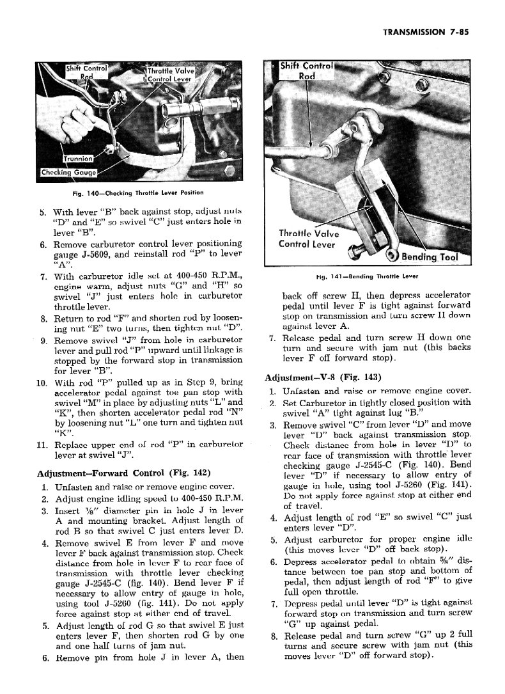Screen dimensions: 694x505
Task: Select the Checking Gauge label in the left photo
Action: pos(68,172)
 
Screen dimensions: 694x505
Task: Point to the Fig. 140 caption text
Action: pos(130,193)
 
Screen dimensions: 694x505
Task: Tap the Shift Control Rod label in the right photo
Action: pos(309,70)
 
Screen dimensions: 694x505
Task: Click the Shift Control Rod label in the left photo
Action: pos(86,72)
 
